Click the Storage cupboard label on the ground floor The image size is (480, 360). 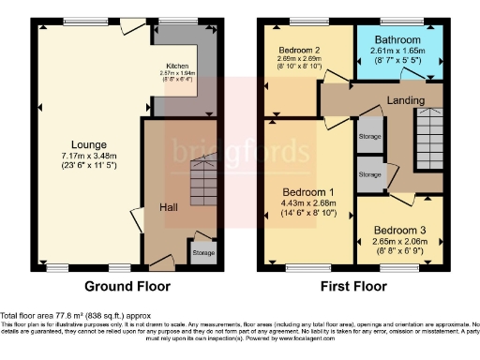[x=203, y=252]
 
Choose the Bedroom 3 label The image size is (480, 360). [x=401, y=230]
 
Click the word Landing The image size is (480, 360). [x=406, y=101]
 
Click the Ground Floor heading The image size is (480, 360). [x=126, y=285]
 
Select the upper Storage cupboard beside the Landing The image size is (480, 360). [x=370, y=136]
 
